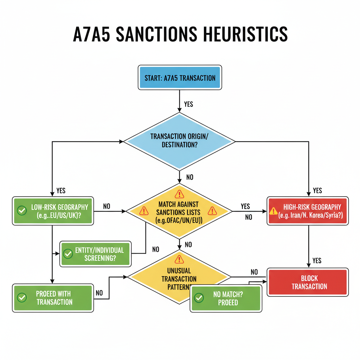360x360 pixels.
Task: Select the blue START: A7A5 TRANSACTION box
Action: (180, 77)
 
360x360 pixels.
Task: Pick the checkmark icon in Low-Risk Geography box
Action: (22, 211)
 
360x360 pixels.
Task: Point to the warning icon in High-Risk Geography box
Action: (273, 211)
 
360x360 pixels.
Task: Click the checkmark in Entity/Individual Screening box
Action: (67, 254)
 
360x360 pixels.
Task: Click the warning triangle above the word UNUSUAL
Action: (179, 260)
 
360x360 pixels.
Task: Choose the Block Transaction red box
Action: (308, 282)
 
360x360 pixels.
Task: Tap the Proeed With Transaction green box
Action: (53, 298)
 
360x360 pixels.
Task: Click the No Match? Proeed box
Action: (226, 298)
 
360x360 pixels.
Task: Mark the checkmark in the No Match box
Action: (199, 298)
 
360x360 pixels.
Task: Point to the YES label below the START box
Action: (188, 104)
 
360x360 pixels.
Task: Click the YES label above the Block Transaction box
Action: (317, 261)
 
